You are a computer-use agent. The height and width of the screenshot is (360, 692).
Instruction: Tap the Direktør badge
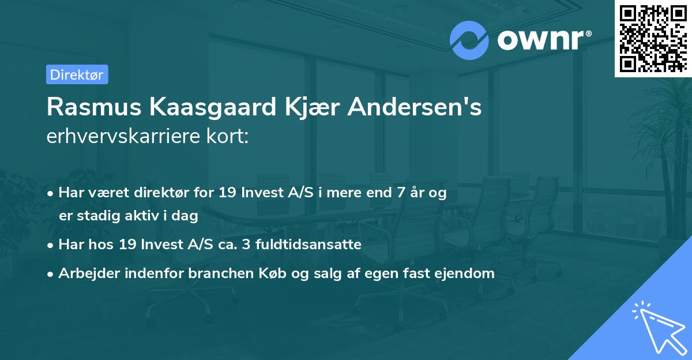point(77,74)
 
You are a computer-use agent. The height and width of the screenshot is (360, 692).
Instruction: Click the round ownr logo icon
point(469,40)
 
